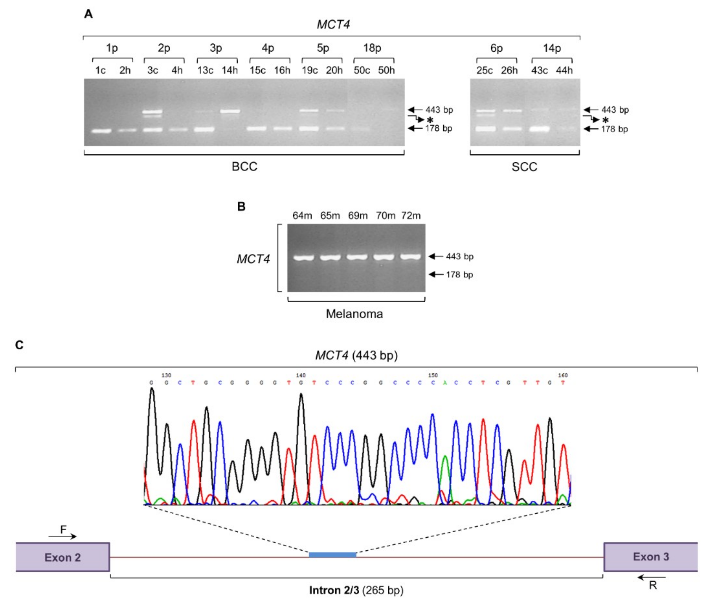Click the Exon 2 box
[x=63, y=557]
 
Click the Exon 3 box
[x=651, y=557]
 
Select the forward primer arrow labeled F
[x=63, y=536]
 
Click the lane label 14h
[x=229, y=71]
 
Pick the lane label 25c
[x=484, y=71]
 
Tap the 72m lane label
[x=411, y=216]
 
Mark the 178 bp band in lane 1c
[x=101, y=131]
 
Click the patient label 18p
[x=372, y=48]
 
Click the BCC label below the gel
[x=244, y=166]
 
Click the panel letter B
[x=241, y=206]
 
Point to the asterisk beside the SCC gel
[x=605, y=120]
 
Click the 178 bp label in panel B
[x=459, y=275]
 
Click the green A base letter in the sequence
[x=445, y=383]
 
